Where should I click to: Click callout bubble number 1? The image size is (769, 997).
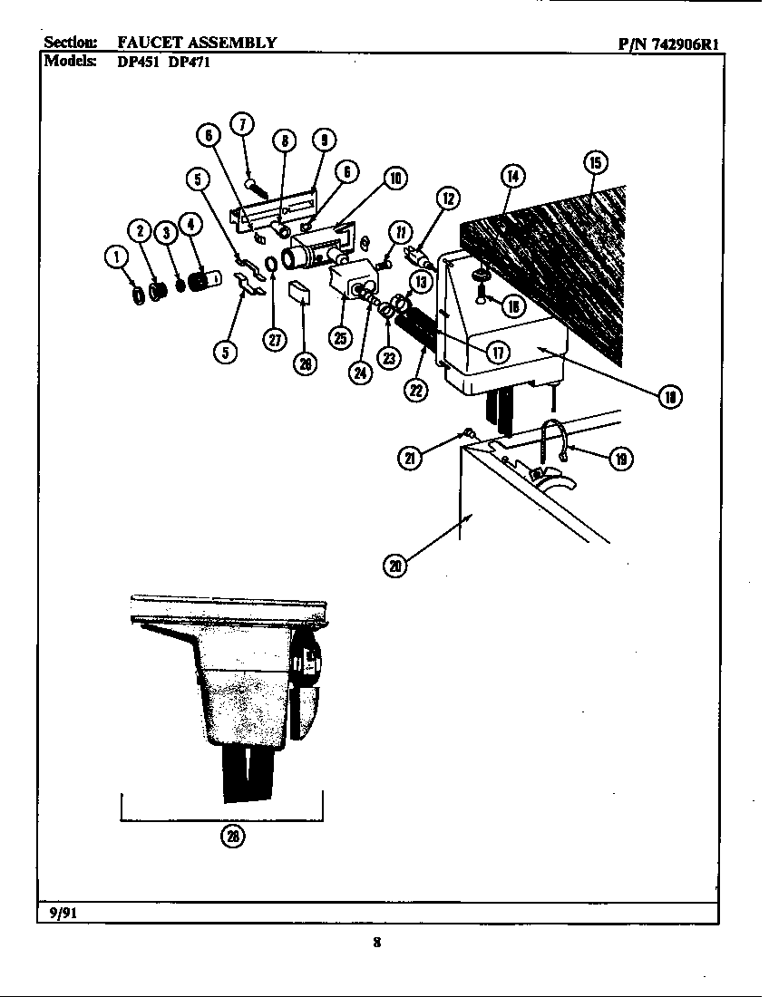click(116, 258)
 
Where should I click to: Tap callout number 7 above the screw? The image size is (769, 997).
click(242, 125)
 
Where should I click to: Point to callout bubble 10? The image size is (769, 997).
click(394, 179)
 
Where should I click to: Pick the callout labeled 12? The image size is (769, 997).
click(446, 198)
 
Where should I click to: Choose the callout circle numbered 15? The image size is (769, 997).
click(594, 163)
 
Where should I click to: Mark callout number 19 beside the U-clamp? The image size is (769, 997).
click(620, 459)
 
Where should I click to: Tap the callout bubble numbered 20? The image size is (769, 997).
click(394, 566)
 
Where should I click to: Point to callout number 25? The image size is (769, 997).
click(339, 338)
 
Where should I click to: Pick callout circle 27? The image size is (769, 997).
click(275, 338)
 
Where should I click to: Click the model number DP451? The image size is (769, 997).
click(134, 64)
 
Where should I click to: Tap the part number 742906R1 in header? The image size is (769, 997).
click(687, 44)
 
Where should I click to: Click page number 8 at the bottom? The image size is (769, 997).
click(376, 943)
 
